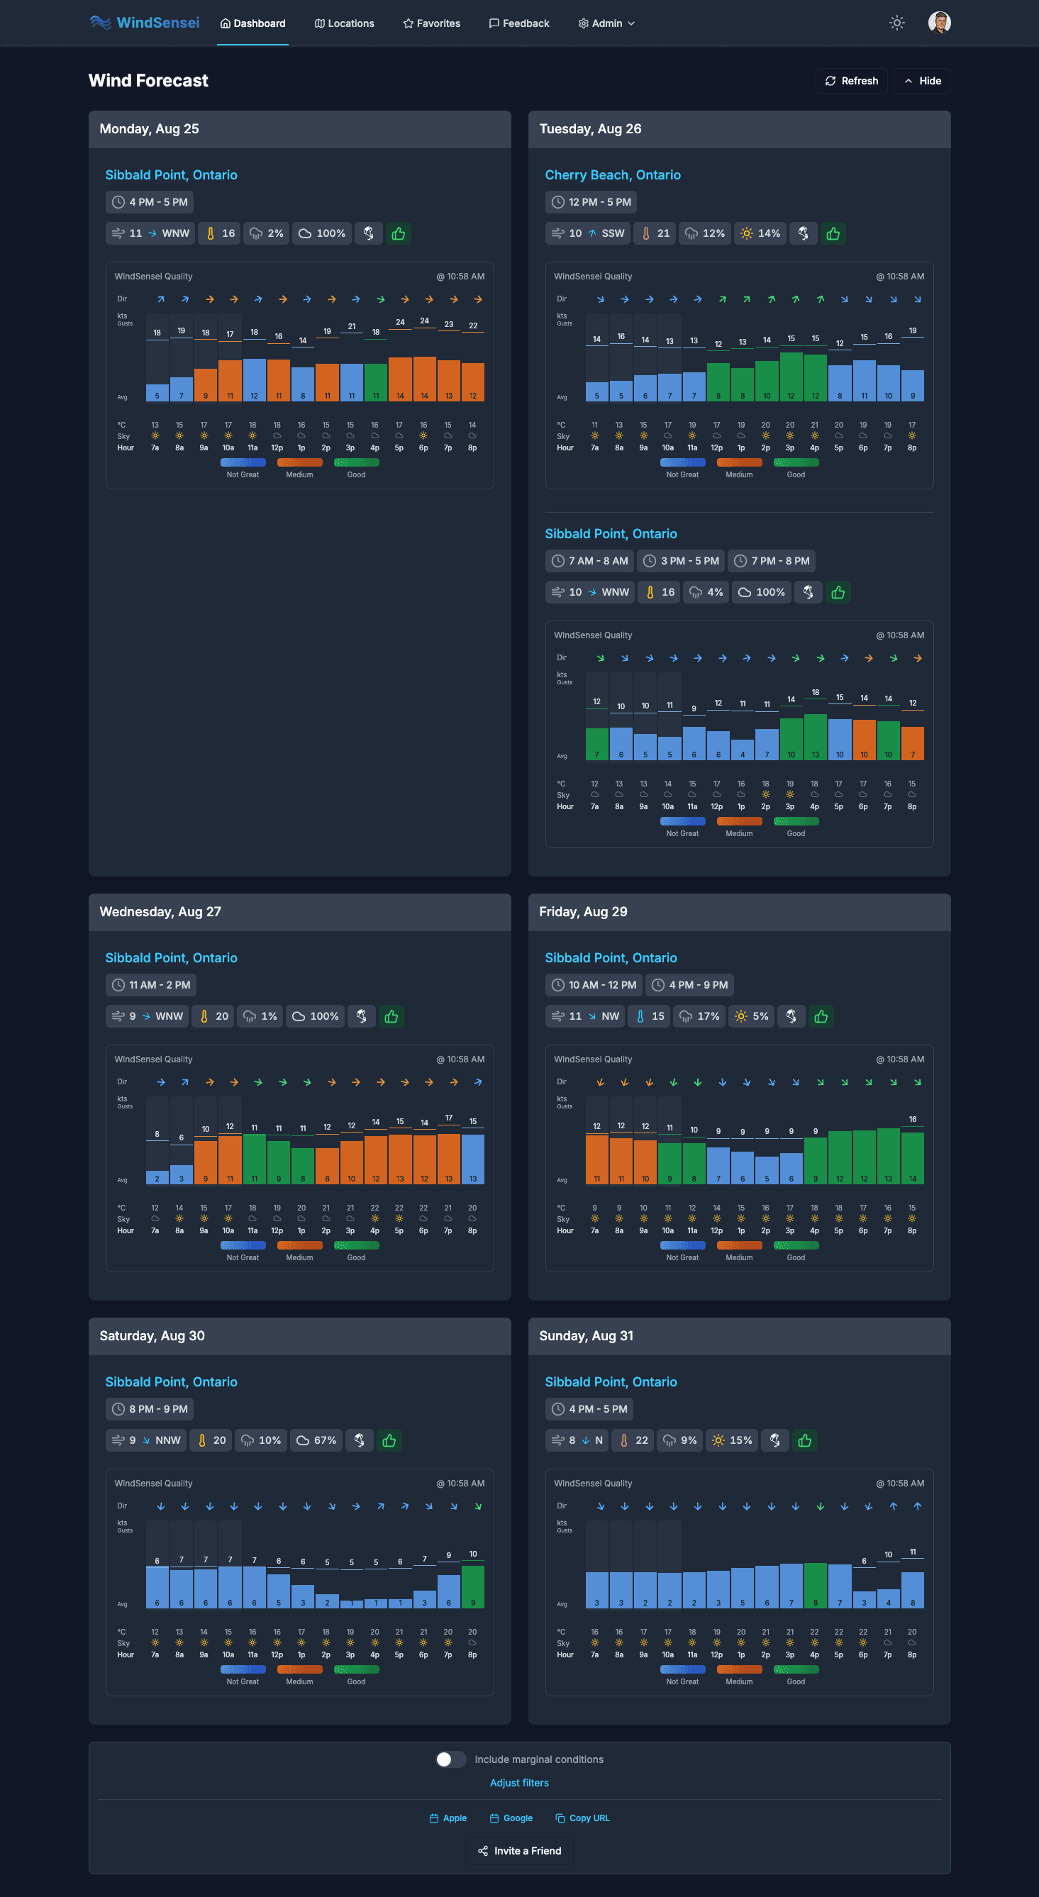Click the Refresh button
[851, 81]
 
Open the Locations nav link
[344, 23]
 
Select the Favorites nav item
[431, 23]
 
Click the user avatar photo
[939, 23]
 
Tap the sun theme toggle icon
[896, 23]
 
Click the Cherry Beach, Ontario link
[612, 175]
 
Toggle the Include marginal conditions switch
[450, 1759]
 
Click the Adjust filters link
[519, 1782]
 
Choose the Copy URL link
[582, 1818]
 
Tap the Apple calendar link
[448, 1818]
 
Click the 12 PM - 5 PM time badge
[591, 202]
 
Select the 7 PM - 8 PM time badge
[771, 560]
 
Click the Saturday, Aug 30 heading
[152, 1335]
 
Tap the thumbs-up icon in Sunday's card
[805, 1440]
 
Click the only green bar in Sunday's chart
[814, 1584]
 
